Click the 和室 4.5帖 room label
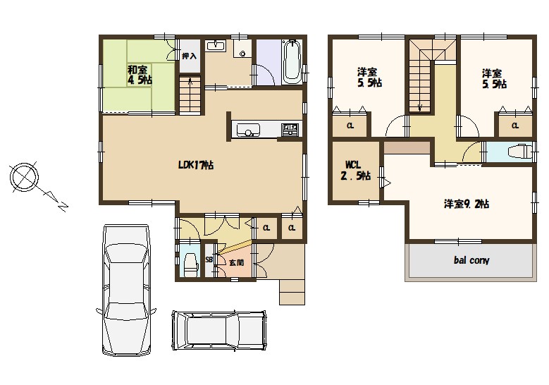tap(140, 75)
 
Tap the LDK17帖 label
tap(196, 165)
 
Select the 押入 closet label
tap(190, 56)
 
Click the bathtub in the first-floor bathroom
tap(292, 61)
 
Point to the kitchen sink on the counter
tap(248, 130)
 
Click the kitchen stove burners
tap(290, 130)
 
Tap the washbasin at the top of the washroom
tap(216, 46)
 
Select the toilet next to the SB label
tap(190, 264)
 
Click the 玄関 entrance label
tap(236, 262)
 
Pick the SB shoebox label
tap(209, 259)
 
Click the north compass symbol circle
tap(24, 177)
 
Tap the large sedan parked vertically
tap(126, 290)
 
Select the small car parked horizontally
tap(219, 330)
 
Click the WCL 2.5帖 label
tap(355, 170)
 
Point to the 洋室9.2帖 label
tap(467, 204)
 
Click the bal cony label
tap(471, 260)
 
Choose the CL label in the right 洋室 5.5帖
tap(514, 126)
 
